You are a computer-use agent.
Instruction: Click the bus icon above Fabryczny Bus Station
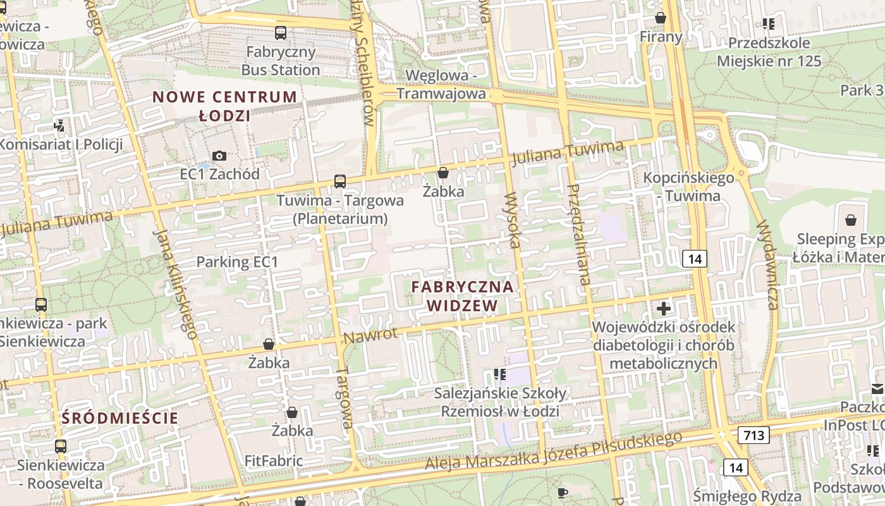point(281,32)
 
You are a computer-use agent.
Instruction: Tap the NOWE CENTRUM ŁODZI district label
point(224,106)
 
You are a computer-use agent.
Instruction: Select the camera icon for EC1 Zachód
point(219,156)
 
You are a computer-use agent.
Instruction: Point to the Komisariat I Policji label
point(61,144)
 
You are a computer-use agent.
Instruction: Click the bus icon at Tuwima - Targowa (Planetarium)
point(340,182)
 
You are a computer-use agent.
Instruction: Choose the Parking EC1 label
point(237,262)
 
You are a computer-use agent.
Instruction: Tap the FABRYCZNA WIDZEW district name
point(462,296)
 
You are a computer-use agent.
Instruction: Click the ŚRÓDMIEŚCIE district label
point(120,418)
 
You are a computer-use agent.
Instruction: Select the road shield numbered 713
point(754,435)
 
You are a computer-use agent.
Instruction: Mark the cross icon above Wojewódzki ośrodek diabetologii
point(664,309)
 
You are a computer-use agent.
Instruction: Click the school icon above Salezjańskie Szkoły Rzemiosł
point(500,374)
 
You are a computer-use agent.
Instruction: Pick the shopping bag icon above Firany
point(661,18)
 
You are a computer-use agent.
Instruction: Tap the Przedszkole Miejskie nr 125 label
point(769,52)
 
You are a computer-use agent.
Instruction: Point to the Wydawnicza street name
point(766,264)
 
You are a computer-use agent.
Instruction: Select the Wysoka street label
point(512,219)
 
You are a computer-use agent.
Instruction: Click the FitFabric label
point(274,460)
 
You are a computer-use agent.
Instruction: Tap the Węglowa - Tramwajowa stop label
point(441,84)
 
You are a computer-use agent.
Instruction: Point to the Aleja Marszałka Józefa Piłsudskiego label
point(553,451)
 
